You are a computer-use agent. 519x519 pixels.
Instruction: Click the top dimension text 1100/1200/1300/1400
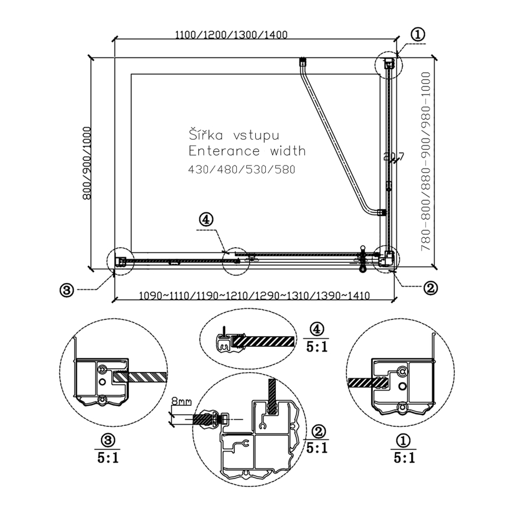(231, 35)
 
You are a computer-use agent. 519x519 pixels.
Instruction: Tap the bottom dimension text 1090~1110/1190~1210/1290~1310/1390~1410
(254, 295)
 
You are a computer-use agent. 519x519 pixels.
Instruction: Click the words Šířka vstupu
(234, 135)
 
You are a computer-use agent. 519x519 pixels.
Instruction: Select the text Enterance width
(247, 151)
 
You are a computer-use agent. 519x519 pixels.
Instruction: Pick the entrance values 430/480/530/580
(242, 170)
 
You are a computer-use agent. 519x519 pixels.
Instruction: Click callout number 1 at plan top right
(418, 34)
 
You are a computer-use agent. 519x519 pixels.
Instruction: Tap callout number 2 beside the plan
(431, 288)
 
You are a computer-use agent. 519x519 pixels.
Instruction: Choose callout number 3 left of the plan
(67, 290)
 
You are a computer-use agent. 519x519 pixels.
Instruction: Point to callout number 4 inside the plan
(206, 219)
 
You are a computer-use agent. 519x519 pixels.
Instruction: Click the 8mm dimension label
(181, 401)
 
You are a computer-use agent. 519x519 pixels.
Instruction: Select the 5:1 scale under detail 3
(108, 458)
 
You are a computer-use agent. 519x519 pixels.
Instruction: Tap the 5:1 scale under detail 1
(404, 458)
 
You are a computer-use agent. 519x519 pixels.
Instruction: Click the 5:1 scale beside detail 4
(317, 347)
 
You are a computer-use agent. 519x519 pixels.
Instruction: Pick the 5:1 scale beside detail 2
(317, 448)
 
